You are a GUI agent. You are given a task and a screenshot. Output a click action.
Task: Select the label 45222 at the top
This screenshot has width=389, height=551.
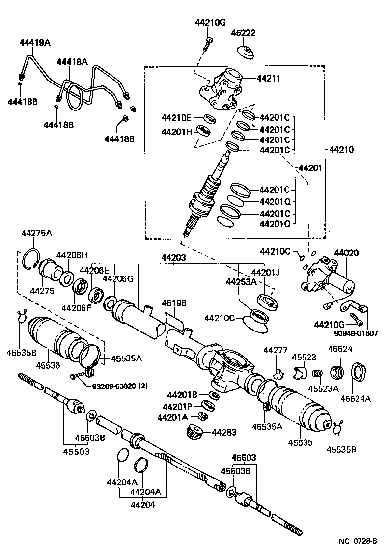(244, 33)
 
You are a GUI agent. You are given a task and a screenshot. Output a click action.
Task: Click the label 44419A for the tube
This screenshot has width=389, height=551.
(35, 43)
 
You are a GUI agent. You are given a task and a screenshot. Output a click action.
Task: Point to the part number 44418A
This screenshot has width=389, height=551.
(72, 62)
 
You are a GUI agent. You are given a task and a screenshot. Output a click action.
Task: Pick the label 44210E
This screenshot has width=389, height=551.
(175, 117)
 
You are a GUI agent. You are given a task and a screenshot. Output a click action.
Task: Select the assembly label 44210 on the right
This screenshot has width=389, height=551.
(341, 149)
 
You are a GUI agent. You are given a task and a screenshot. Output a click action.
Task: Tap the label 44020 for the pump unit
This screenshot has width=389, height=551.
(346, 253)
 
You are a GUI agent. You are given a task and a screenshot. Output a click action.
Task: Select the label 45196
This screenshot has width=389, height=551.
(174, 303)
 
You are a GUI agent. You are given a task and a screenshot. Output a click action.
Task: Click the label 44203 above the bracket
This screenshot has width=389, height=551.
(174, 257)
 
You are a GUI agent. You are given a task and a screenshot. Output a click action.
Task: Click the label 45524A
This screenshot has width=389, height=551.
(356, 398)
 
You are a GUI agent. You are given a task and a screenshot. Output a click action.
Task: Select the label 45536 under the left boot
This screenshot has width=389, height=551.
(48, 365)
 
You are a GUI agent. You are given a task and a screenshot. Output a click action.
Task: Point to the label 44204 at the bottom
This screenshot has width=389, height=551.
(142, 504)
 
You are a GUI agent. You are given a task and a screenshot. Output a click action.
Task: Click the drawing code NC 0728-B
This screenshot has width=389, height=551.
(358, 542)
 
